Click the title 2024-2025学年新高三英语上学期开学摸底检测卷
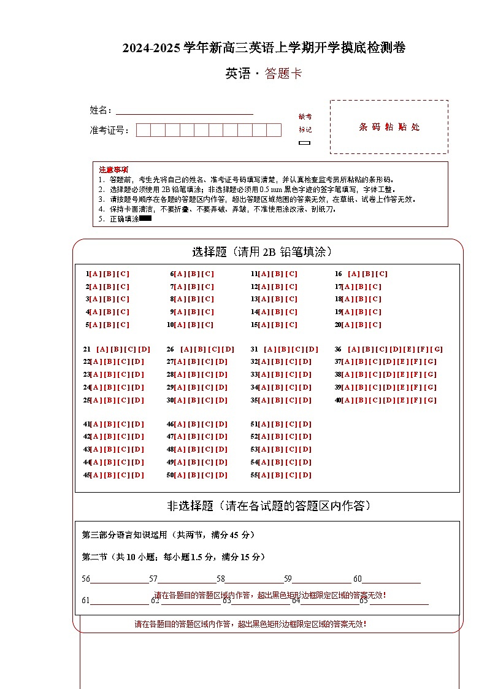(264, 48)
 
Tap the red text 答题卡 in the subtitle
(283, 74)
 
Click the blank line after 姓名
(184, 111)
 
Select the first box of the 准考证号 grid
(143, 130)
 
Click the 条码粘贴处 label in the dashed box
(389, 127)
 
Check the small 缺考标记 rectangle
(305, 143)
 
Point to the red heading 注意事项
(113, 169)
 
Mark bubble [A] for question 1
(95, 274)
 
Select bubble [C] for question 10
(208, 325)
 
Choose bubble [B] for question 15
(277, 325)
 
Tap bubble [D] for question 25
(138, 401)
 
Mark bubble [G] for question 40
(431, 401)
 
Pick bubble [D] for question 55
(305, 475)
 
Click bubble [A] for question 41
(95, 425)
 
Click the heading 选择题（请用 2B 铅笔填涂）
(263, 252)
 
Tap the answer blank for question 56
(120, 579)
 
